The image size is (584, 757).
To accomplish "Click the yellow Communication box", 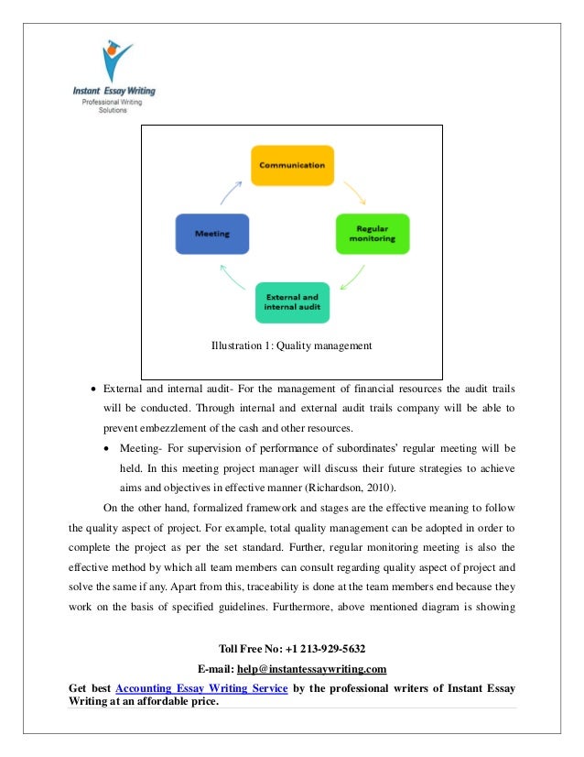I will point(292,166).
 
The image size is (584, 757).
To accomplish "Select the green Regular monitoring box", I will point(371,234).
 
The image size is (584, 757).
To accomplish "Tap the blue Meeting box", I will point(212,234).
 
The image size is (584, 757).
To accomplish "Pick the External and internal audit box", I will point(292,302).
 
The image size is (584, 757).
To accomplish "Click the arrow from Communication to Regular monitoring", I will point(354,192).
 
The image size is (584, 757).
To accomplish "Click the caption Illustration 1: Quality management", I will point(291,346).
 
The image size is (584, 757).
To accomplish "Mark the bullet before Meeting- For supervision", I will point(110,448).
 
